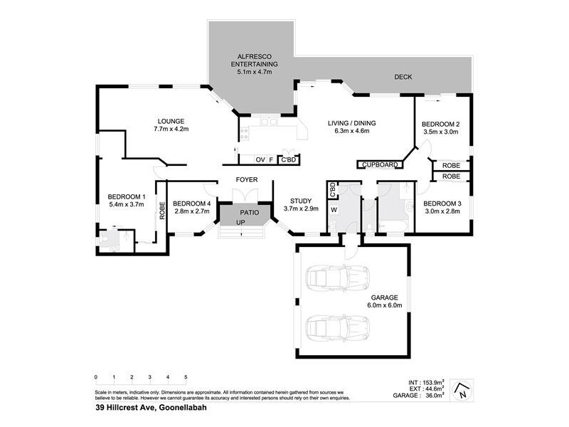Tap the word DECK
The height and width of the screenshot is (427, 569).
pos(404,77)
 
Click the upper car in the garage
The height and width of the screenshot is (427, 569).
pos(336,278)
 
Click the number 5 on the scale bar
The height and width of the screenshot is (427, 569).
pos(186,377)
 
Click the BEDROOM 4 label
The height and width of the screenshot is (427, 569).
pos(192,203)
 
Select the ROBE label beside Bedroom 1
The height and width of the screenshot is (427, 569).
pos(162,211)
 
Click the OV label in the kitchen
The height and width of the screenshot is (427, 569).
pos(260,159)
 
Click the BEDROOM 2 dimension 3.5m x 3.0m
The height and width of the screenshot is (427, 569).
pos(440,132)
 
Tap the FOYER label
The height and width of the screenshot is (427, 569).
pos(247,180)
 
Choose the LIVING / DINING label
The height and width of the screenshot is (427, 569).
pos(351,123)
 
